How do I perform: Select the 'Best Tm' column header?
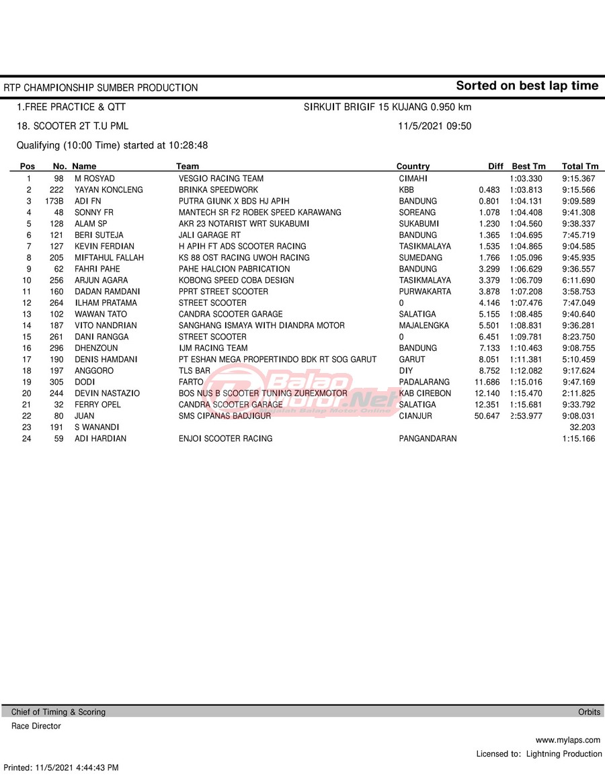(528, 167)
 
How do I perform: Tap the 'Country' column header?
(413, 167)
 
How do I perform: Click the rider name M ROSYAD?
(94, 179)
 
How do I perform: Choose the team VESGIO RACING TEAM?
(221, 179)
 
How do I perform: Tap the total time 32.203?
(583, 427)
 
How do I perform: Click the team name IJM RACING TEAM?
(213, 348)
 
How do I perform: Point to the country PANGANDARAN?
(428, 439)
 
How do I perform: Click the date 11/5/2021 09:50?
(434, 126)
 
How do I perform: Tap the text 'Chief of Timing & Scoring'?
(58, 712)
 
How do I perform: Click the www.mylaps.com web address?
(569, 740)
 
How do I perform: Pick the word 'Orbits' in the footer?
(590, 712)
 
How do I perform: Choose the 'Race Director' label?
(36, 727)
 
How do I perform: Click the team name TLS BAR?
(194, 371)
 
